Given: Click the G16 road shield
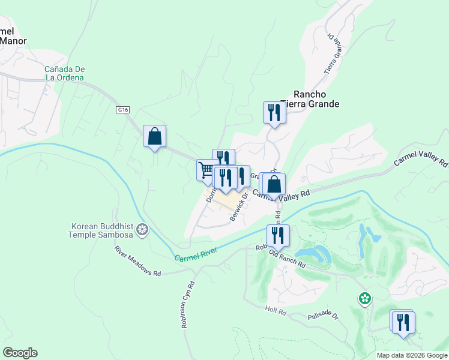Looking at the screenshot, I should pyautogui.click(x=123, y=110).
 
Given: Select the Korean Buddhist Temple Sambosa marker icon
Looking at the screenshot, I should pyautogui.click(x=142, y=229).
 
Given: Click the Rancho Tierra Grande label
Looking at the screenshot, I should pyautogui.click(x=316, y=99).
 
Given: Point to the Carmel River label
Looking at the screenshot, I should pyautogui.click(x=195, y=256).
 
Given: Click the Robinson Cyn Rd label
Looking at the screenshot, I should pyautogui.click(x=187, y=305).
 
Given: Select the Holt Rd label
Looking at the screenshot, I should pyautogui.click(x=277, y=310).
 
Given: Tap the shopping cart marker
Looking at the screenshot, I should pyautogui.click(x=207, y=170).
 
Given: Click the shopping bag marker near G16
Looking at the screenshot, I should pyautogui.click(x=154, y=136).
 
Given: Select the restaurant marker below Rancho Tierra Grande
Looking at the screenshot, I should pyautogui.click(x=274, y=112).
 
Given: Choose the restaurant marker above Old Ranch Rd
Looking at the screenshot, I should pyautogui.click(x=278, y=235).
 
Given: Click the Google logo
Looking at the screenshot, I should pyautogui.click(x=20, y=353).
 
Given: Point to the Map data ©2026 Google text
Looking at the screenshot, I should pyautogui.click(x=411, y=355).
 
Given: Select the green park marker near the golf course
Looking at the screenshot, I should pyautogui.click(x=364, y=298).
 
